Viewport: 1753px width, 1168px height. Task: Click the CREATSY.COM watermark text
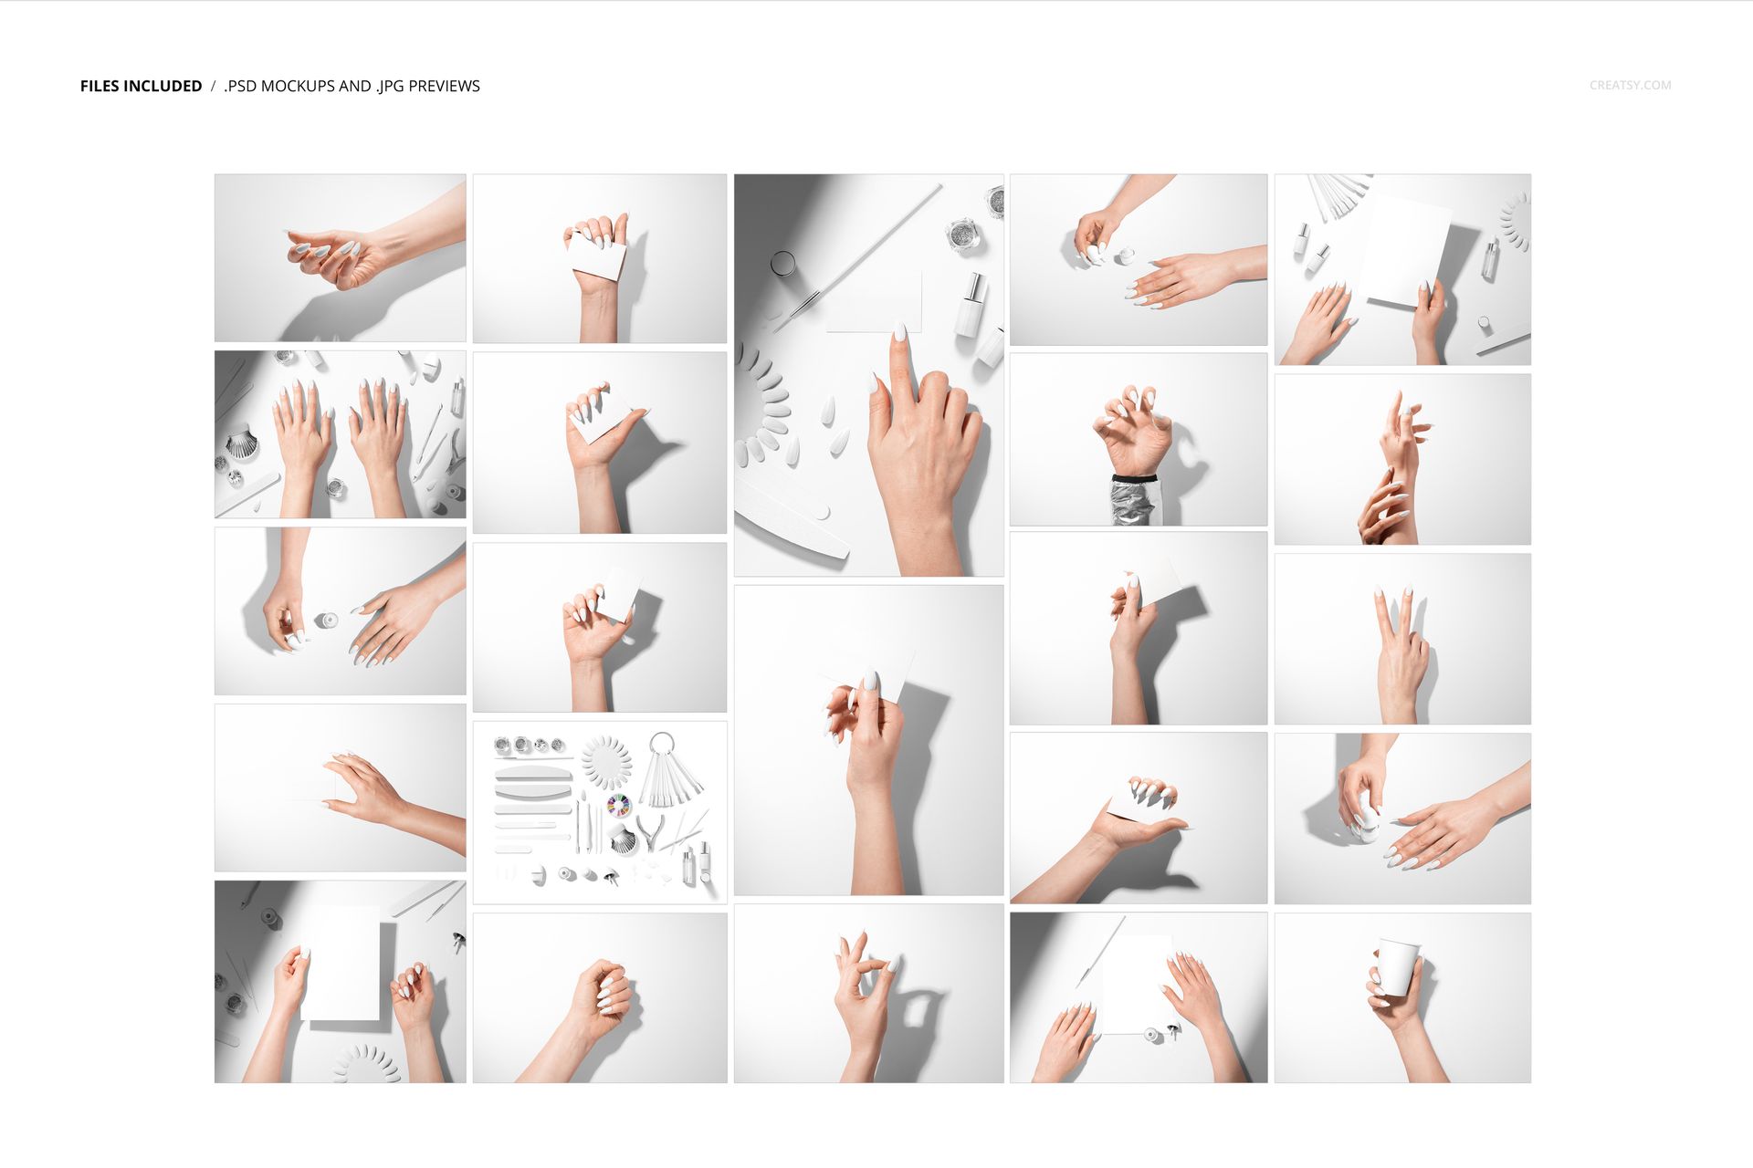1630,85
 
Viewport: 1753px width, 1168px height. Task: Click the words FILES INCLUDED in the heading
141,86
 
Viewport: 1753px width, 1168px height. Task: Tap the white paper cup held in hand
1397,966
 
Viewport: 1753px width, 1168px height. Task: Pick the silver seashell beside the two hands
241,444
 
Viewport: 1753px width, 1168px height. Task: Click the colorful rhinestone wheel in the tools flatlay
619,806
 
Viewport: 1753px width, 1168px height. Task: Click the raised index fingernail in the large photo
898,333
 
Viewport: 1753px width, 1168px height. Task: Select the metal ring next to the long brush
783,264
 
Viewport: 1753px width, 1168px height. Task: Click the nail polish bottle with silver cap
971,306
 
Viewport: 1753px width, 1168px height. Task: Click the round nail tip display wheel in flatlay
606,762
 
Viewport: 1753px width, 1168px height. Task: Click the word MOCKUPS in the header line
298,86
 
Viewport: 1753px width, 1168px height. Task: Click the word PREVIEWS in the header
444,86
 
